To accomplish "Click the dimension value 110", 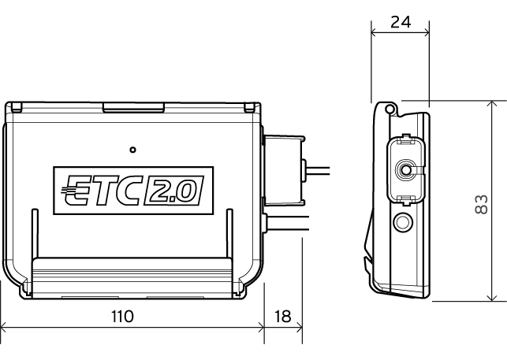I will tap(122, 317).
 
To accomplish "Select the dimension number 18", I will tap(282, 317).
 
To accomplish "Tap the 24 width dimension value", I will tap(400, 22).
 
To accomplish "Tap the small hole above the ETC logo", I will tap(132, 148).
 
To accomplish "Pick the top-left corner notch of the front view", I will tap(14, 106).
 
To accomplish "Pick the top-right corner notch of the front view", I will tap(250, 106).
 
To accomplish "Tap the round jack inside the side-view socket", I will tap(406, 169).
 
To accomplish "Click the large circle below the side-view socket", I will tap(403, 223).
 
